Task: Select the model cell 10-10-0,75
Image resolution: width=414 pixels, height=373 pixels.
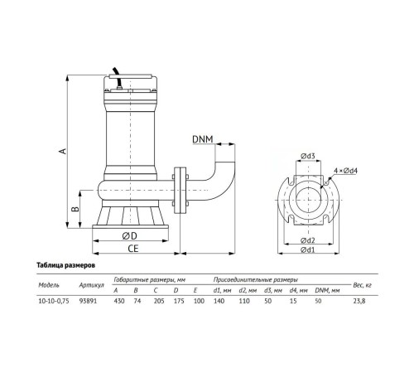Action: (x=54, y=302)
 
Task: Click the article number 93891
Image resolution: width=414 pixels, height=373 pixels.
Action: (x=89, y=302)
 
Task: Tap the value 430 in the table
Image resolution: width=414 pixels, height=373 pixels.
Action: (x=118, y=302)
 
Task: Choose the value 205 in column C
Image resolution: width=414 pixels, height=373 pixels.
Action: (x=157, y=302)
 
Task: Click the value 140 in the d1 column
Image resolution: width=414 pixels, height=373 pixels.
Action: (x=219, y=302)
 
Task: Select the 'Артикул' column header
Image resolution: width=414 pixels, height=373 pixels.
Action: (x=90, y=286)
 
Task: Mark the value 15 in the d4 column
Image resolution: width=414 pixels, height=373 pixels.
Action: (x=293, y=302)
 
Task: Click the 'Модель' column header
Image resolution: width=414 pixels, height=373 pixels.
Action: (x=50, y=284)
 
